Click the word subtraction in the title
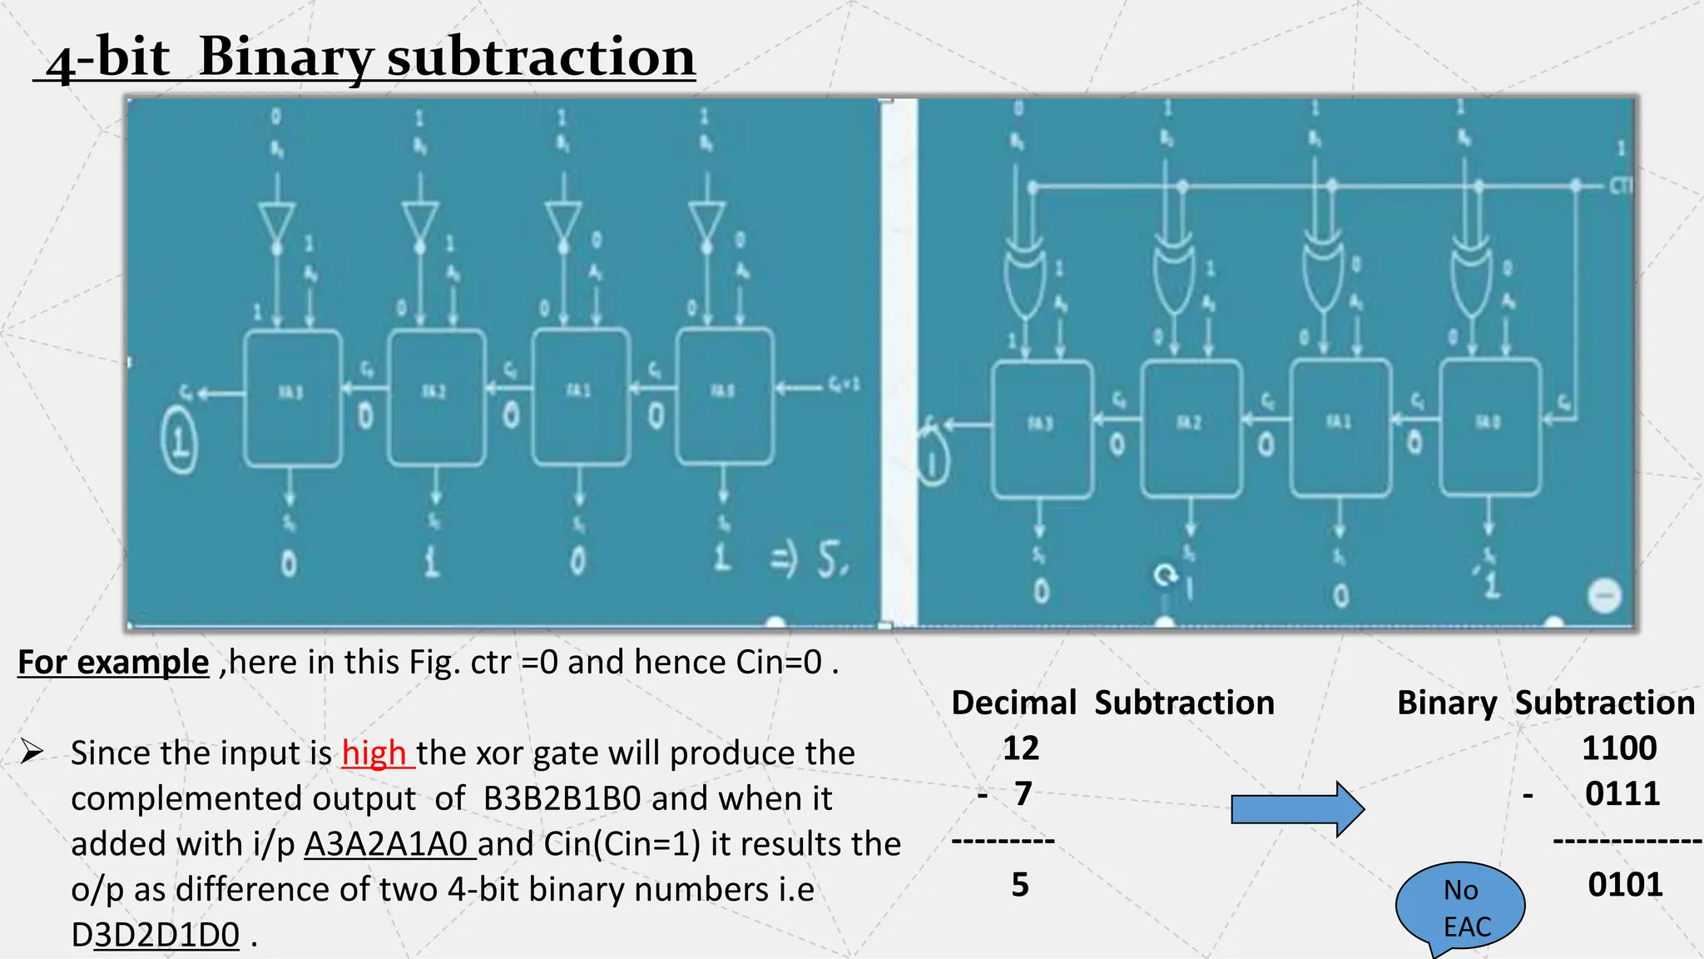point(541,58)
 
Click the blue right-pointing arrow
point(1296,808)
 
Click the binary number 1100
point(1618,748)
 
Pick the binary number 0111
point(1622,793)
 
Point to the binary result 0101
point(1624,884)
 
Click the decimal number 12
point(1020,748)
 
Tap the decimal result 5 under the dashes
point(1020,884)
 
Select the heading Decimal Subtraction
point(1112,703)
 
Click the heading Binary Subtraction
point(1545,703)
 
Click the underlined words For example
point(113,663)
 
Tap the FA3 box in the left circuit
point(292,398)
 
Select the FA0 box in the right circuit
point(1489,427)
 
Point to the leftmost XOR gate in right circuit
point(1023,275)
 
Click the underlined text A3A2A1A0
point(389,844)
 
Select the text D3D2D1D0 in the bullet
point(156,935)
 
